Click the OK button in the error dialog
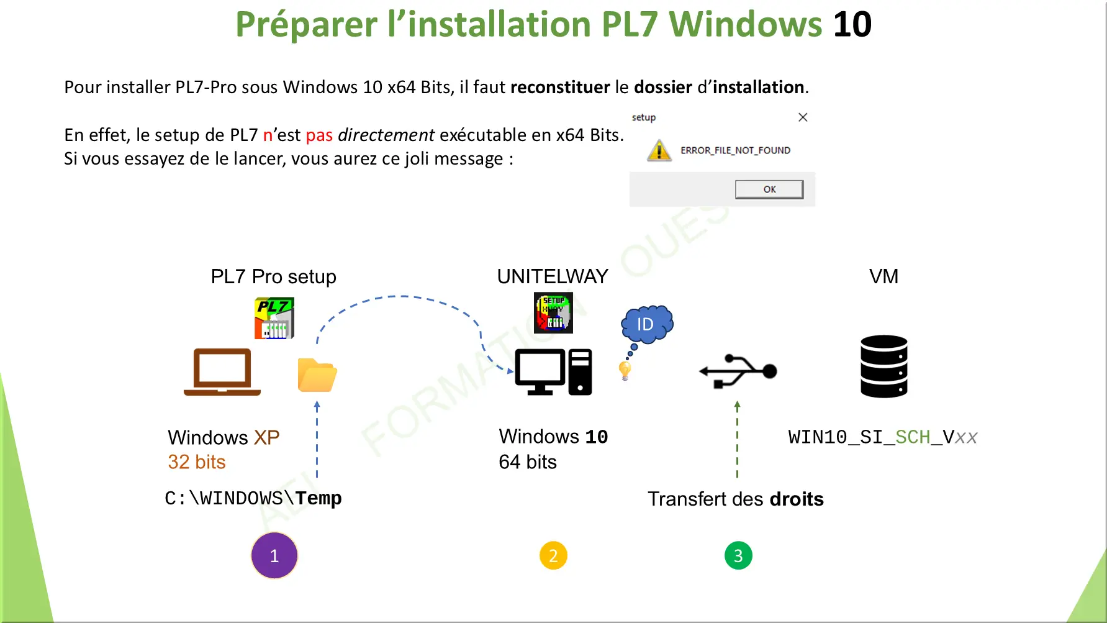(x=769, y=189)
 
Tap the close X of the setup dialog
(x=803, y=117)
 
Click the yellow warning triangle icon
(x=659, y=151)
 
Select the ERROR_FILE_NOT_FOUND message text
(x=735, y=150)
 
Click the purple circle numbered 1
(x=274, y=555)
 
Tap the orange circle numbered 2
(x=553, y=556)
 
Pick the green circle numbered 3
(x=738, y=556)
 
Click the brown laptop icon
(x=222, y=372)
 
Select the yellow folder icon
(x=317, y=375)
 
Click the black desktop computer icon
(x=553, y=372)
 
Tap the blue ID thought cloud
(x=646, y=324)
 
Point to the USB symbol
(x=738, y=371)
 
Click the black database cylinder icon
(x=884, y=366)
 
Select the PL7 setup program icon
(x=274, y=318)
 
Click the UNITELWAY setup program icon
(x=554, y=313)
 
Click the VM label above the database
(x=883, y=276)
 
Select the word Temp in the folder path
(x=319, y=498)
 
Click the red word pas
(x=319, y=135)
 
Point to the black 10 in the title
(x=852, y=25)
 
